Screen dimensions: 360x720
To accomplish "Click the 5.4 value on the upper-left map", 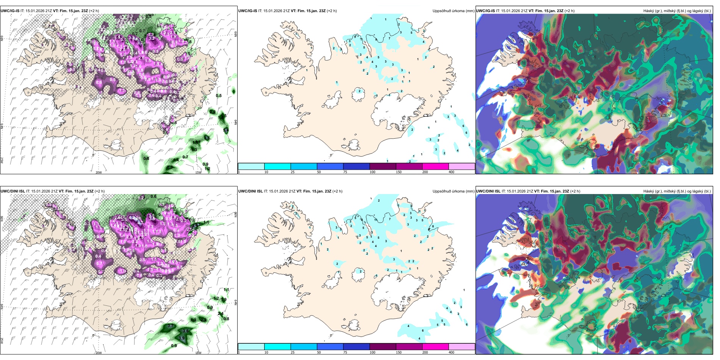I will [x=226, y=130].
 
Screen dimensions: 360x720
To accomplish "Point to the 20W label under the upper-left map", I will [x=99, y=172].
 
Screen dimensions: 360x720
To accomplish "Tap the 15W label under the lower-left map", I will [x=198, y=353].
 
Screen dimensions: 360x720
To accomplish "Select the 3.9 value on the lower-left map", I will [x=182, y=338].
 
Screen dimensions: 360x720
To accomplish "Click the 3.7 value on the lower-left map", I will [x=171, y=326].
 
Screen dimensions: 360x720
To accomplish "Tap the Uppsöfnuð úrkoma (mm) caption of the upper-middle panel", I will [x=453, y=11].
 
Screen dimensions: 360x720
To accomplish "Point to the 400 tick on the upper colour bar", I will [x=451, y=172].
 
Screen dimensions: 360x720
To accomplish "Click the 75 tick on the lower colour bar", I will [x=345, y=352].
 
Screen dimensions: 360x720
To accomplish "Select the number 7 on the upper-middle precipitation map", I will [x=389, y=38].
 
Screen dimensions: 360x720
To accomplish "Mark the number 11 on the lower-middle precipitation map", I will [x=376, y=220].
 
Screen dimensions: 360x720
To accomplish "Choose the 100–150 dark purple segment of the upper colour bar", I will [x=383, y=166].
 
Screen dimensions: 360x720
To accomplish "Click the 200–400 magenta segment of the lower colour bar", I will [x=435, y=347].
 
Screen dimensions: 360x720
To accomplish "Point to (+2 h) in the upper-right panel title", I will [x=570, y=11].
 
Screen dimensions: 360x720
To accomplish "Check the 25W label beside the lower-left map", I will [x=2, y=341].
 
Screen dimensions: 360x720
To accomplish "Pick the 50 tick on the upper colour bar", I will [x=319, y=172].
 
